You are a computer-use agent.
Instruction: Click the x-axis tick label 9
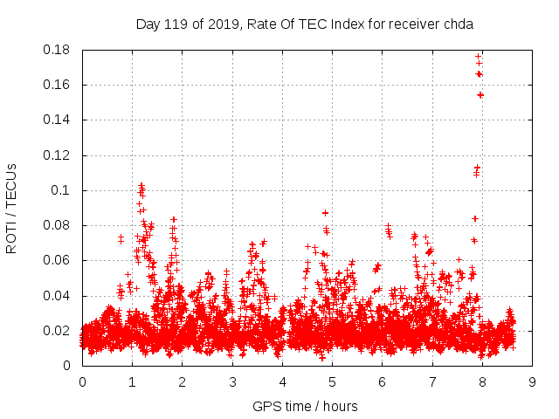(x=532, y=382)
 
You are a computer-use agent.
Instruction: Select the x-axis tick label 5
(x=332, y=382)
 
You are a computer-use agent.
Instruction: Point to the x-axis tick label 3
(x=232, y=382)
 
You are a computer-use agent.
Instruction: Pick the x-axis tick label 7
(x=432, y=382)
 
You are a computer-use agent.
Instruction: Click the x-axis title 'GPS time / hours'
(x=305, y=406)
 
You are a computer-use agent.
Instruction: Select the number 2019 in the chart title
(x=223, y=24)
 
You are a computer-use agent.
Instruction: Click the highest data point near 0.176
(x=478, y=57)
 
